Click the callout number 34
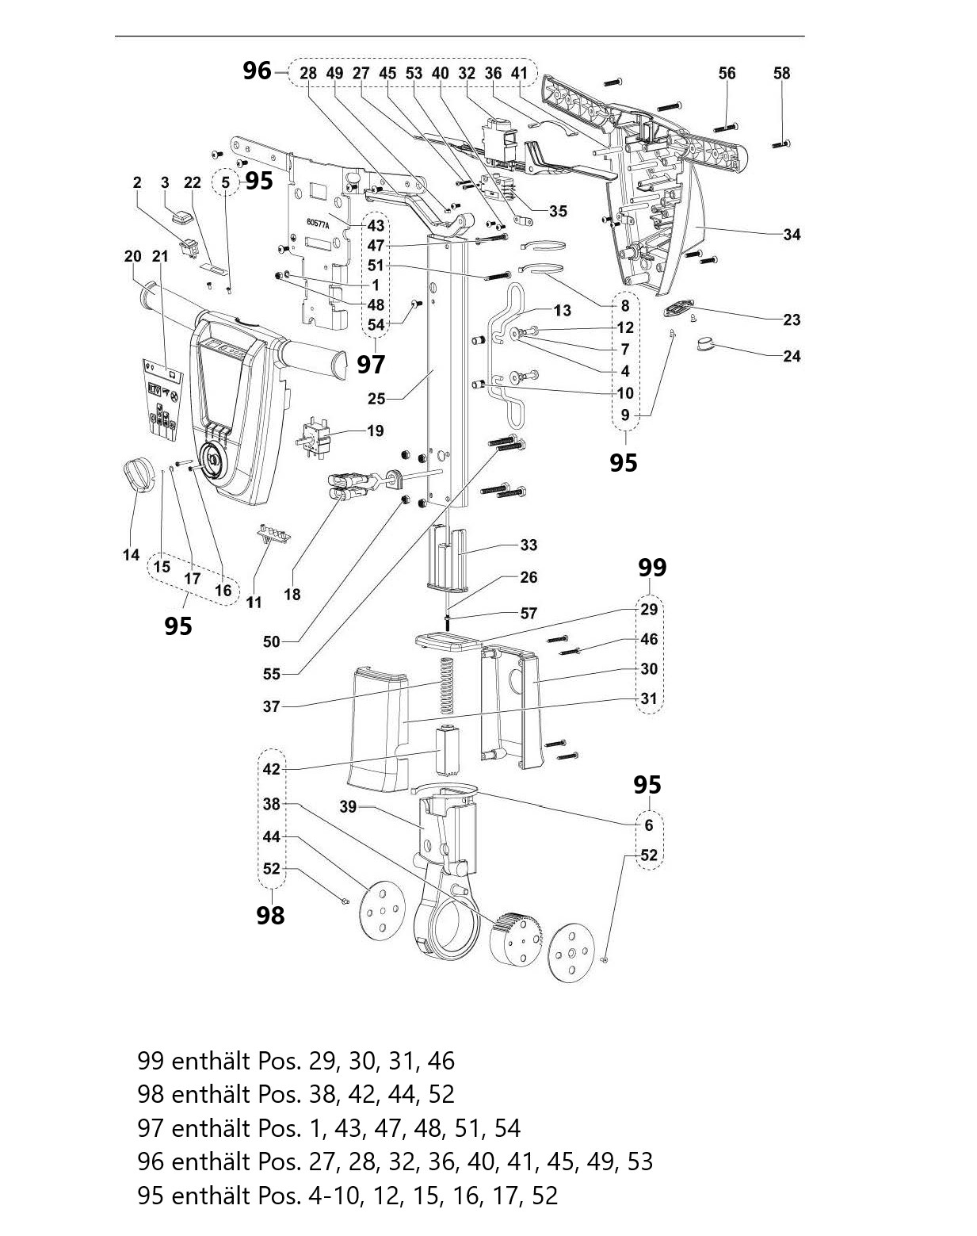tap(791, 235)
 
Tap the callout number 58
tap(781, 74)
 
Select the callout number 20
tap(133, 256)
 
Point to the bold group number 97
tap(371, 365)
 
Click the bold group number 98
tap(270, 916)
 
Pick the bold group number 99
tap(652, 568)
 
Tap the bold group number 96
tap(257, 71)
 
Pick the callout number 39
tap(348, 807)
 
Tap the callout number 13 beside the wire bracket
tap(562, 310)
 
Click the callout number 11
tap(254, 603)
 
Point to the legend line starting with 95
tap(347, 1196)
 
